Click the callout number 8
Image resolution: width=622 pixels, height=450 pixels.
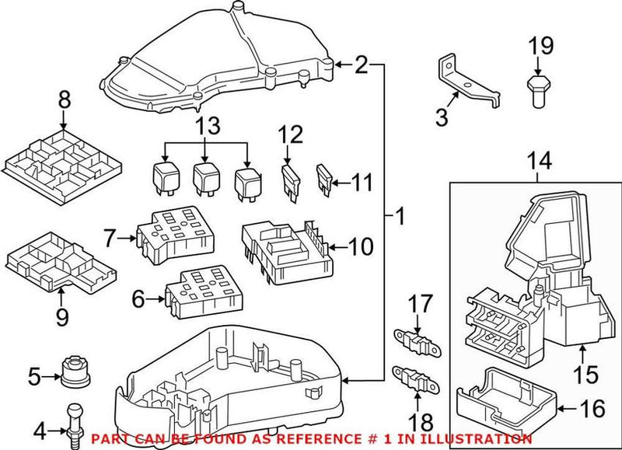click(x=64, y=100)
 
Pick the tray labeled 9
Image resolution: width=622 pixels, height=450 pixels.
click(x=61, y=264)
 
